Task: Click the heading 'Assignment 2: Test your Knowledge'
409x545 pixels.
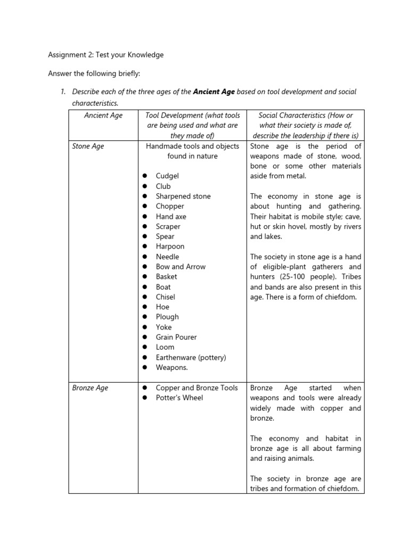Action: pyautogui.click(x=106, y=54)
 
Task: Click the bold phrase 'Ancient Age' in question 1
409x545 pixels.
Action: pyautogui.click(x=214, y=92)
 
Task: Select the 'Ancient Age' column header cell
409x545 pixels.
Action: pyautogui.click(x=103, y=115)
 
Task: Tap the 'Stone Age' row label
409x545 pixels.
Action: pyautogui.click(x=88, y=146)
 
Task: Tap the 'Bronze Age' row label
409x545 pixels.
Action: pyautogui.click(x=90, y=387)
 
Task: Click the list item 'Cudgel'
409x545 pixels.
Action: pyautogui.click(x=167, y=176)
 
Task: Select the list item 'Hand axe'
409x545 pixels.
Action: pyautogui.click(x=171, y=217)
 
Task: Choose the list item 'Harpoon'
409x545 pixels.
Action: pyautogui.click(x=170, y=246)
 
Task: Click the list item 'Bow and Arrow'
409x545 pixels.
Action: pyautogui.click(x=181, y=267)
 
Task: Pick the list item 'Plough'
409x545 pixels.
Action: pyautogui.click(x=167, y=317)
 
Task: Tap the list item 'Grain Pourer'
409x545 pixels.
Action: pyautogui.click(x=176, y=337)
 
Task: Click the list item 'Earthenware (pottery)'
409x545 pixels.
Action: pyautogui.click(x=191, y=357)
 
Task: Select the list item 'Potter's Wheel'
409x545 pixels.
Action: pyautogui.click(x=179, y=398)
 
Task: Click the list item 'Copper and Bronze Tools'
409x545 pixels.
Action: pyautogui.click(x=197, y=387)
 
